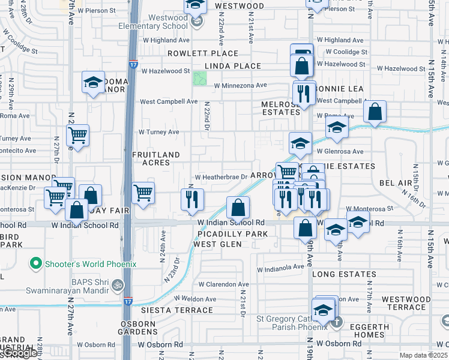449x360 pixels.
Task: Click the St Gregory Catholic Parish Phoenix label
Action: (x=292, y=323)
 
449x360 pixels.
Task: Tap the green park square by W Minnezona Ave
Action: (x=199, y=78)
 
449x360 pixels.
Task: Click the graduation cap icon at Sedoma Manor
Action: (x=93, y=83)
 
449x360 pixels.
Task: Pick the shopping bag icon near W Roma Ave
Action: (x=375, y=112)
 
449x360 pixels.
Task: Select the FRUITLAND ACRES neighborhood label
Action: (x=156, y=159)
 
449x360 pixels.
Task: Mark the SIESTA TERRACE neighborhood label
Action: (x=176, y=310)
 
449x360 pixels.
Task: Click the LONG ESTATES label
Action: (x=344, y=274)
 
